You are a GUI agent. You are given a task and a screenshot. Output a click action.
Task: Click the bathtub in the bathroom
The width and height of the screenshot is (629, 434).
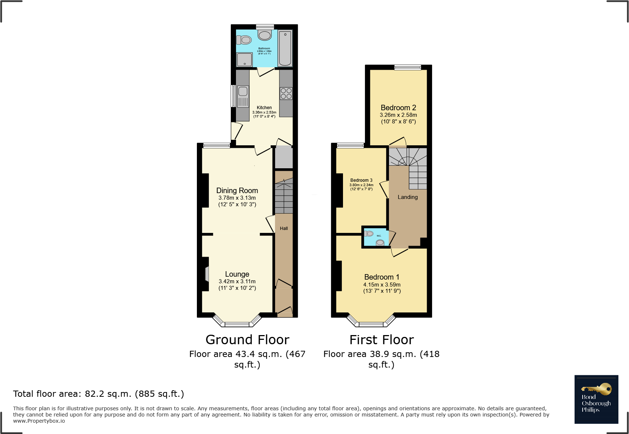[285, 48]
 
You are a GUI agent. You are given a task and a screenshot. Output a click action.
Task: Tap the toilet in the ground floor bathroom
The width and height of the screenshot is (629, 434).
[244, 40]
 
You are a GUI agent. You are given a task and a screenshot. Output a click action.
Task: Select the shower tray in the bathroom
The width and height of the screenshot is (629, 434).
[244, 59]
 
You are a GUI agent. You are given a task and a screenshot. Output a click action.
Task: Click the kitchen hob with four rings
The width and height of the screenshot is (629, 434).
[286, 93]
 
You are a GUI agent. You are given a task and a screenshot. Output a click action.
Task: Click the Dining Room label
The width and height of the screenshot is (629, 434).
[237, 191]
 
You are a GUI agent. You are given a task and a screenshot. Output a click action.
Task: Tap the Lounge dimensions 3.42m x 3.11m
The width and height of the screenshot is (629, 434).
[237, 281]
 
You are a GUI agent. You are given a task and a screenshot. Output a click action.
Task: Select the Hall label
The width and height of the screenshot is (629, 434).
[284, 228]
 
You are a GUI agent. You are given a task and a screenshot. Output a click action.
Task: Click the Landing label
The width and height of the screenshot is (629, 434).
[408, 197]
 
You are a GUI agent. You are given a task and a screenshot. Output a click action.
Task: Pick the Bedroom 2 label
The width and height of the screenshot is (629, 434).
[398, 108]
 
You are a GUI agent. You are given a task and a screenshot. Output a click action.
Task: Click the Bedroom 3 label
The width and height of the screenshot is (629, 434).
[361, 180]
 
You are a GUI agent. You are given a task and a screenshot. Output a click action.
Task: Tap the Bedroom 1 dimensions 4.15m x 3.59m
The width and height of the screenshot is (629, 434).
[382, 285]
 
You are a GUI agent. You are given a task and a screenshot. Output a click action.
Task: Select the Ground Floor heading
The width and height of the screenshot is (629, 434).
[247, 340]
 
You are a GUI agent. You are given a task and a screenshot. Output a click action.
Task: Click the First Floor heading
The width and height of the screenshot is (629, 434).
[381, 340]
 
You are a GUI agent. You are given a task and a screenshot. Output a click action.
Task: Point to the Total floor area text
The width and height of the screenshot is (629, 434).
[99, 394]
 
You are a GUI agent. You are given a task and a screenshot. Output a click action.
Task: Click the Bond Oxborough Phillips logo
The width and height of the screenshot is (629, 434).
[596, 399]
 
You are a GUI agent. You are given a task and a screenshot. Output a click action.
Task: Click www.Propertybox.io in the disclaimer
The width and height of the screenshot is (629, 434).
[39, 421]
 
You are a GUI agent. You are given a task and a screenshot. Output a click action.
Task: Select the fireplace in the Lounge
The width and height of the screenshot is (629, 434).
[207, 274]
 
